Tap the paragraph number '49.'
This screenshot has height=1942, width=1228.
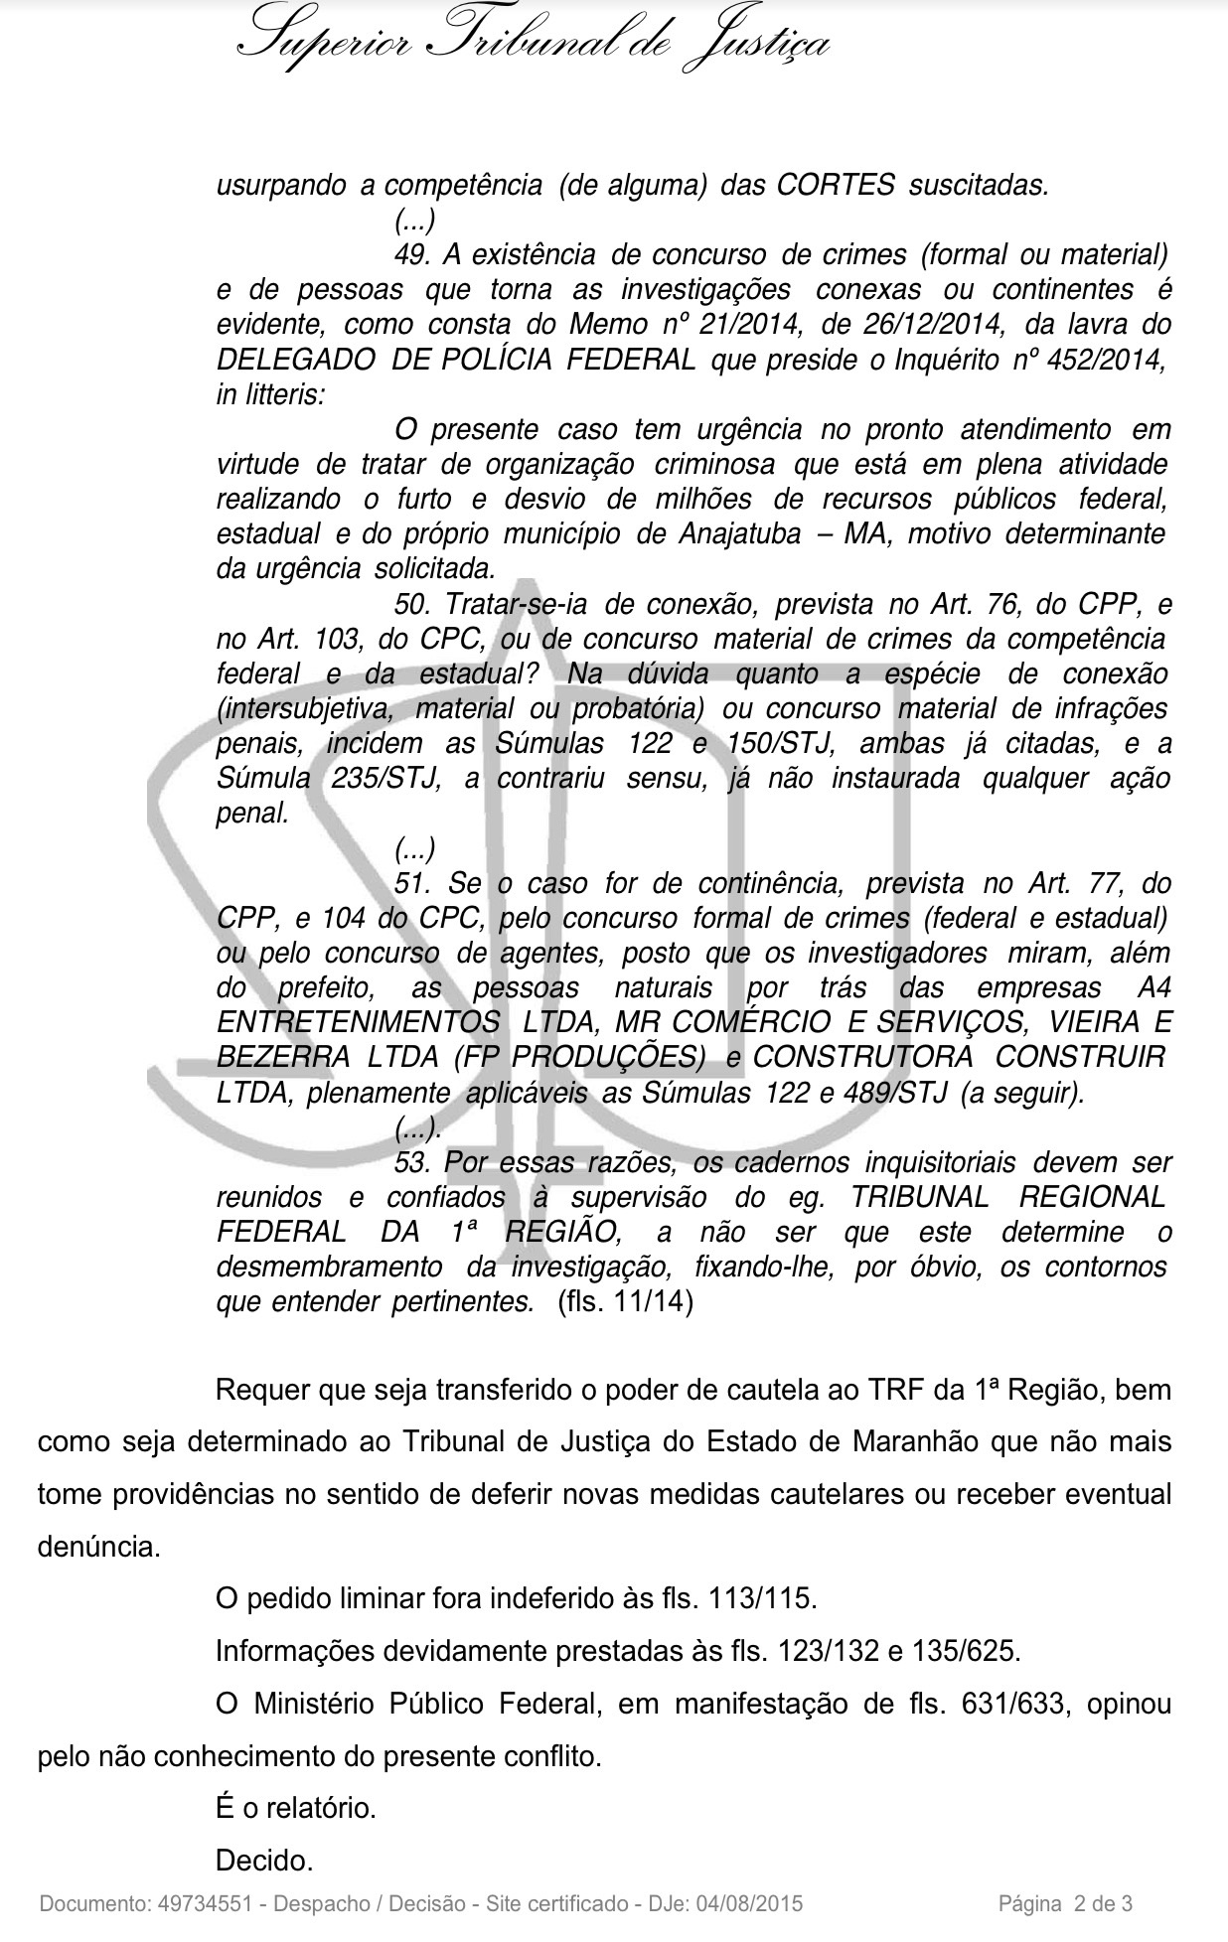(411, 254)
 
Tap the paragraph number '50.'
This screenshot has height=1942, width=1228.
(411, 603)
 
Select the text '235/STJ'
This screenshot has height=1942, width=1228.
(385, 778)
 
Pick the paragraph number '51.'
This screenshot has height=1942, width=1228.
(411, 883)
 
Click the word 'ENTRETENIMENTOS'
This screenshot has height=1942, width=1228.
(359, 1022)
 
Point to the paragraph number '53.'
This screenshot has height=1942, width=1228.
(411, 1162)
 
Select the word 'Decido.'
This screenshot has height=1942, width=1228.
(264, 1859)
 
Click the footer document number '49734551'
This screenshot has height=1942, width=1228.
(205, 1904)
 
